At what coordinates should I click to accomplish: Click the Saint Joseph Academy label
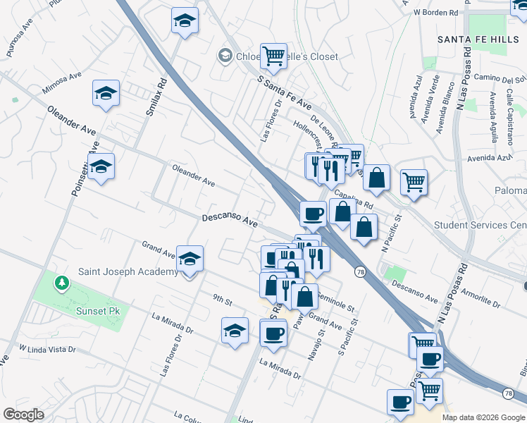[x=128, y=272]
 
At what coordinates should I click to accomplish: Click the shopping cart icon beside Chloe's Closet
[x=273, y=55]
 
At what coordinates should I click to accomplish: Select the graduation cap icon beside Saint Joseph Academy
[x=190, y=259]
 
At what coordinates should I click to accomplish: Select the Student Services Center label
[x=480, y=226]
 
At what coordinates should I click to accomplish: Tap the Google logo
[x=23, y=415]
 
